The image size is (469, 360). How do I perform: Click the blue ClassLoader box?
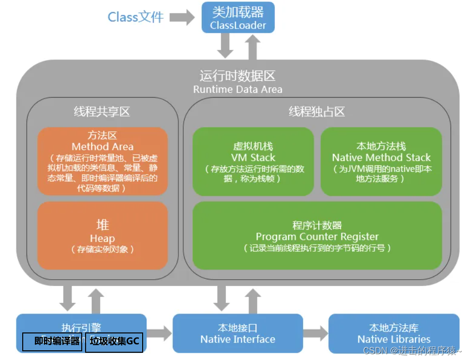pyautogui.click(x=238, y=17)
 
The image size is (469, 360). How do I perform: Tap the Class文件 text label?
pyautogui.click(x=135, y=17)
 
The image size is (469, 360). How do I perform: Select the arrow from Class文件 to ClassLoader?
pyautogui.click(x=182, y=18)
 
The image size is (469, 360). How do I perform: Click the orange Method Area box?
pyautogui.click(x=103, y=161)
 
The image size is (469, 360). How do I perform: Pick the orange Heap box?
pyautogui.click(x=103, y=235)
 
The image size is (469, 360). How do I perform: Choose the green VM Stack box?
pyautogui.click(x=253, y=161)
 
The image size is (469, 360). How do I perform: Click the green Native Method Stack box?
pyautogui.click(x=381, y=161)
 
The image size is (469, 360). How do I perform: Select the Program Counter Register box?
pyautogui.click(x=317, y=235)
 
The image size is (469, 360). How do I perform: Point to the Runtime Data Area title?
pyautogui.click(x=237, y=82)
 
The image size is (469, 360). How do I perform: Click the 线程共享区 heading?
pyautogui.click(x=102, y=112)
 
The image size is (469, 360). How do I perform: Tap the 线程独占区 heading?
pyautogui.click(x=317, y=112)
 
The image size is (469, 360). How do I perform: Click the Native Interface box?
pyautogui.click(x=237, y=333)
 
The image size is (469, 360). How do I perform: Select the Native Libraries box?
pyautogui.click(x=394, y=333)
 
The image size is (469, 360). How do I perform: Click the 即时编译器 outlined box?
pyautogui.click(x=53, y=342)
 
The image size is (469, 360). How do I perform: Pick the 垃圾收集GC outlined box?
pyautogui.click(x=114, y=342)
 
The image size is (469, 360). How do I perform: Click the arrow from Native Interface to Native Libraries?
pyautogui.click(x=315, y=333)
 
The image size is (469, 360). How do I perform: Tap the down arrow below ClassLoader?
pyautogui.click(x=225, y=46)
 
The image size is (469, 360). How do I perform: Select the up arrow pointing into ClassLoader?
pyautogui.click(x=252, y=46)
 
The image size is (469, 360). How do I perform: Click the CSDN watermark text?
pyautogui.click(x=411, y=351)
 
